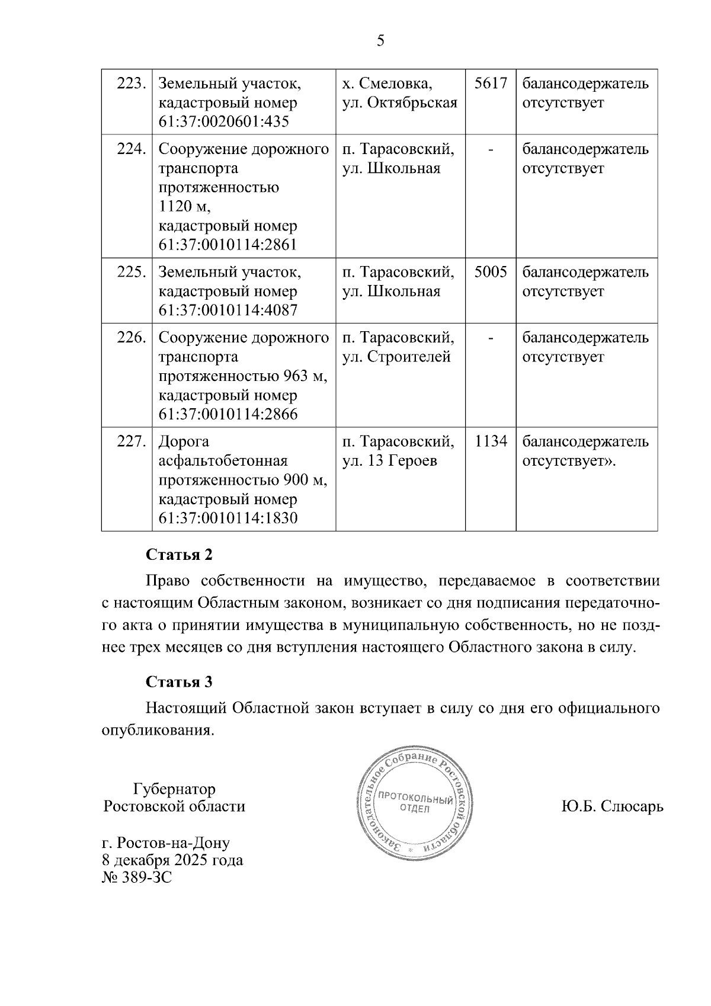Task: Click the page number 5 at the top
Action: tap(380, 41)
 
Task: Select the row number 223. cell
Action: tap(131, 84)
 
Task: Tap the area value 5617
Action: tap(491, 84)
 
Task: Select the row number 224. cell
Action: tap(131, 149)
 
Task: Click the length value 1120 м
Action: tap(184, 207)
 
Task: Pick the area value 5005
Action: tap(491, 273)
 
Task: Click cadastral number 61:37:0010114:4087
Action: tap(228, 310)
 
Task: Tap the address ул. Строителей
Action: tap(397, 357)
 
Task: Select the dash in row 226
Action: tap(491, 338)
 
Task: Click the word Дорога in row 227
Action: tap(184, 442)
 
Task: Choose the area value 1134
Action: tap(491, 442)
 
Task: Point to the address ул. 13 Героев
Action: tap(390, 461)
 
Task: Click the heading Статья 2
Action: tap(179, 555)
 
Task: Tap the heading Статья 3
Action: tap(179, 682)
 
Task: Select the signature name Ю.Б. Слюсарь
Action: tap(612, 807)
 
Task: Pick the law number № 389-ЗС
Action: tap(137, 877)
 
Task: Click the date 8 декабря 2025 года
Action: tap(172, 860)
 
